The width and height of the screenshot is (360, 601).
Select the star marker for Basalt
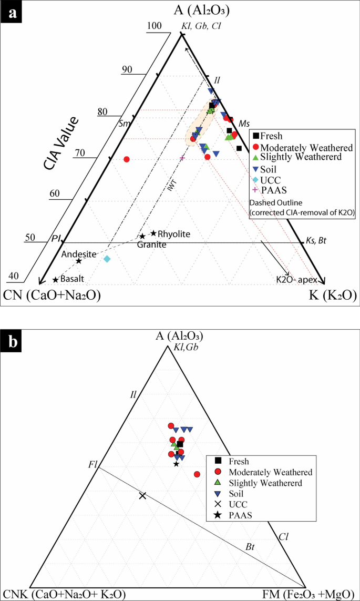(55, 279)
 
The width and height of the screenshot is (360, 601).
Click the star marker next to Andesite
(78, 261)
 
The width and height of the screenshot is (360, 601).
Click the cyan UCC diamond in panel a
(107, 259)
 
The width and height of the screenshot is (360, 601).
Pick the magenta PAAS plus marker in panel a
(182, 158)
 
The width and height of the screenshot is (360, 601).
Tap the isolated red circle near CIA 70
(126, 159)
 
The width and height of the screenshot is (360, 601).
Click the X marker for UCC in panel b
(142, 495)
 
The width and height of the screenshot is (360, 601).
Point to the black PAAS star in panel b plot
(177, 463)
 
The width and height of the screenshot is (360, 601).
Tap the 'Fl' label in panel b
(92, 464)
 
